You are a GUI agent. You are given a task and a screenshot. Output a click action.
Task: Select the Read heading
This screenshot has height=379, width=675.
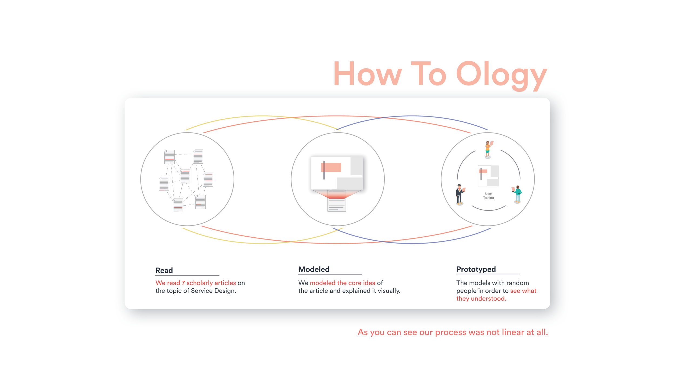click(x=164, y=270)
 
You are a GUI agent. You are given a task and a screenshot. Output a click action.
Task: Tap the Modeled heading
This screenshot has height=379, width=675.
click(x=314, y=269)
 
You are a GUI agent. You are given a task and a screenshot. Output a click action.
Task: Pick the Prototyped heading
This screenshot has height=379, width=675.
click(x=476, y=269)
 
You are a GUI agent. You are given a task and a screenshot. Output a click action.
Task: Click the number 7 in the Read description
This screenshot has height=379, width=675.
click(x=183, y=283)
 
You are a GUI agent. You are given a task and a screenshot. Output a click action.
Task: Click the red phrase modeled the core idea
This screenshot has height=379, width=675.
click(x=342, y=283)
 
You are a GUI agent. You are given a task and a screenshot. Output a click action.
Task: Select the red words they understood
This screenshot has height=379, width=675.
click(x=481, y=299)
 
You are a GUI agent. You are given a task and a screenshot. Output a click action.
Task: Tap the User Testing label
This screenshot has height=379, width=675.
click(x=488, y=196)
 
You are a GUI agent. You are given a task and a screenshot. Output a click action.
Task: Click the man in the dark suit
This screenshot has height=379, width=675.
click(x=460, y=194)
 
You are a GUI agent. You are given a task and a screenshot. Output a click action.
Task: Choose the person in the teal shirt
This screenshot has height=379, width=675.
click(x=518, y=194)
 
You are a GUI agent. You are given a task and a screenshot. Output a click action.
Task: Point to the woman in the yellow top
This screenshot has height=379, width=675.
click(x=488, y=149)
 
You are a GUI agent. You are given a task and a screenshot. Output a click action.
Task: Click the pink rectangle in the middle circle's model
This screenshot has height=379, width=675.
click(x=331, y=167)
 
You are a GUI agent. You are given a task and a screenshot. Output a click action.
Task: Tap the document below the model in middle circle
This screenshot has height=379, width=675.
click(x=336, y=204)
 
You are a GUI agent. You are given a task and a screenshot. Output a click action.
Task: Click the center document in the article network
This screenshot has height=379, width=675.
click(x=185, y=176)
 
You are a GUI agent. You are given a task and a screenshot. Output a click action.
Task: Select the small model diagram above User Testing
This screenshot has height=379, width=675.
click(x=488, y=176)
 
